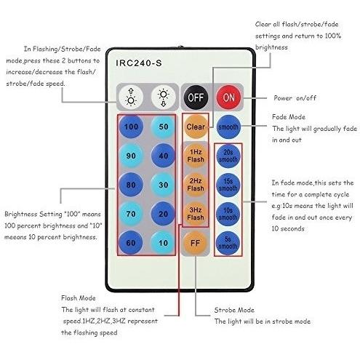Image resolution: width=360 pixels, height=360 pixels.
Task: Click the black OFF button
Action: tap(196, 97)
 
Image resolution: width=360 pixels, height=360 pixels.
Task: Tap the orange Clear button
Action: tap(196, 127)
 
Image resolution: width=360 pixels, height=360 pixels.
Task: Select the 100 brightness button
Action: tap(131, 127)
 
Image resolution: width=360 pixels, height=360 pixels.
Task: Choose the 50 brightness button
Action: tap(163, 127)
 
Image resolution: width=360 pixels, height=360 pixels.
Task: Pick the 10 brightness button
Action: tap(163, 243)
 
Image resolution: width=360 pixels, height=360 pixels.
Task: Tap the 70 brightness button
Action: tap(131, 214)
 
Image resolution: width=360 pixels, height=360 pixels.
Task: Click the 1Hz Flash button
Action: tap(196, 156)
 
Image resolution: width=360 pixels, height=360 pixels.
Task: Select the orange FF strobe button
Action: tap(196, 243)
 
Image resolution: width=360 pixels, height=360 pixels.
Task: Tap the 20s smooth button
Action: tap(228, 156)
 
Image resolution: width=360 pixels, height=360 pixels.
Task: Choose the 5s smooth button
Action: tap(228, 243)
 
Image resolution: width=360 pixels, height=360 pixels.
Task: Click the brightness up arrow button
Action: tap(131, 97)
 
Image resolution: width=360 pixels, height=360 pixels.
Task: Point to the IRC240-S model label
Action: tap(139, 63)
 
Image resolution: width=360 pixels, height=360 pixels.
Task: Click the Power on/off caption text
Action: tap(295, 98)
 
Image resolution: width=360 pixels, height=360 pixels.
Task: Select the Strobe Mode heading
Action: tap(234, 310)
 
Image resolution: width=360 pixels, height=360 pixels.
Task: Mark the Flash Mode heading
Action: tap(79, 298)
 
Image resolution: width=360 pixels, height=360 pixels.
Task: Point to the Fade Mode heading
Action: tap(289, 117)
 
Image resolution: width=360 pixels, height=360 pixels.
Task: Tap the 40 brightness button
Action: tap(163, 156)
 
